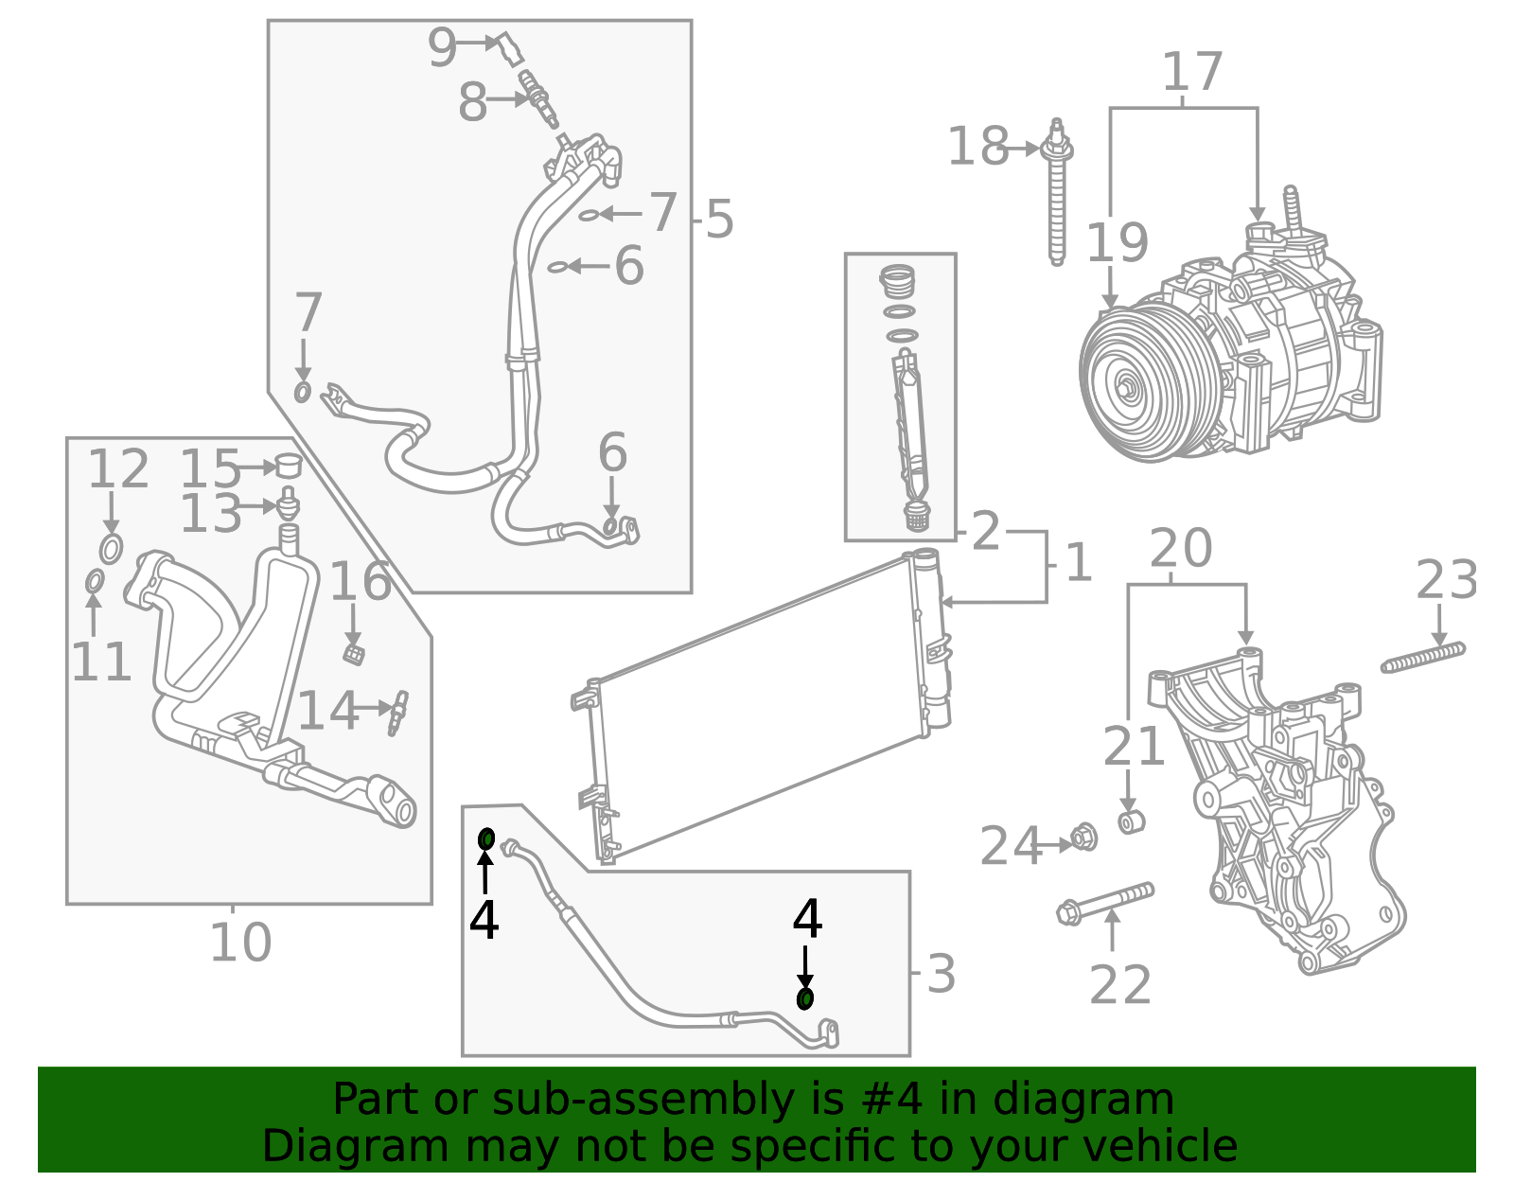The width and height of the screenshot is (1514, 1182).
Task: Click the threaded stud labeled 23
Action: coord(1422,658)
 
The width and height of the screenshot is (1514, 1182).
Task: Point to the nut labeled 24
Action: coord(1083,838)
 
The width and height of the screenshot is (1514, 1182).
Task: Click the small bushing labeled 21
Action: coord(1131,821)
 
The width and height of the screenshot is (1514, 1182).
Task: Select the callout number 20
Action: coord(1180,548)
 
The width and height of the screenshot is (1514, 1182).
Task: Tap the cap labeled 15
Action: coord(288,466)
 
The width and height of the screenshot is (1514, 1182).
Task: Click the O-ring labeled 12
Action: coord(111,548)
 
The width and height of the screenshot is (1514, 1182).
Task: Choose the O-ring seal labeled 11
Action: coord(95,581)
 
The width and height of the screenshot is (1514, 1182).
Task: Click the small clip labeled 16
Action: coord(354,653)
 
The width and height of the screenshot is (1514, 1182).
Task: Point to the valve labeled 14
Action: coord(398,711)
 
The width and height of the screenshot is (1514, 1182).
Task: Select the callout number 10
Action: coord(239,943)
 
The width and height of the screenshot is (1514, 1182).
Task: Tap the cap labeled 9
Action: coord(511,47)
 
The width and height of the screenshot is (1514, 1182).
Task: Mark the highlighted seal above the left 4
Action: coord(486,838)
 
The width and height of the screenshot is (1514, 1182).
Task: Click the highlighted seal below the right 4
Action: coord(805,998)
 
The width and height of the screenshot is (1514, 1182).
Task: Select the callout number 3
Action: coord(941,974)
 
